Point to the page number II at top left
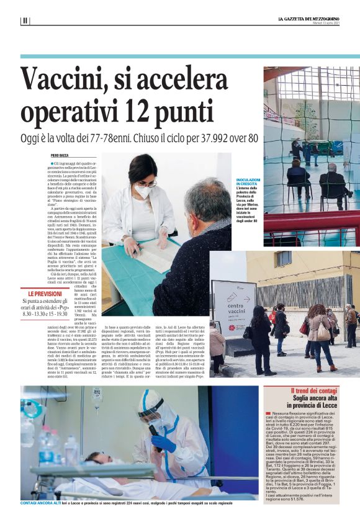pos(25,20)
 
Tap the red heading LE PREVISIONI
pos(45,294)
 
